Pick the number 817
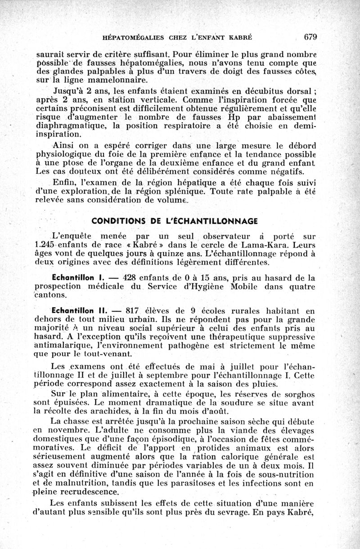click(x=135, y=310)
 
